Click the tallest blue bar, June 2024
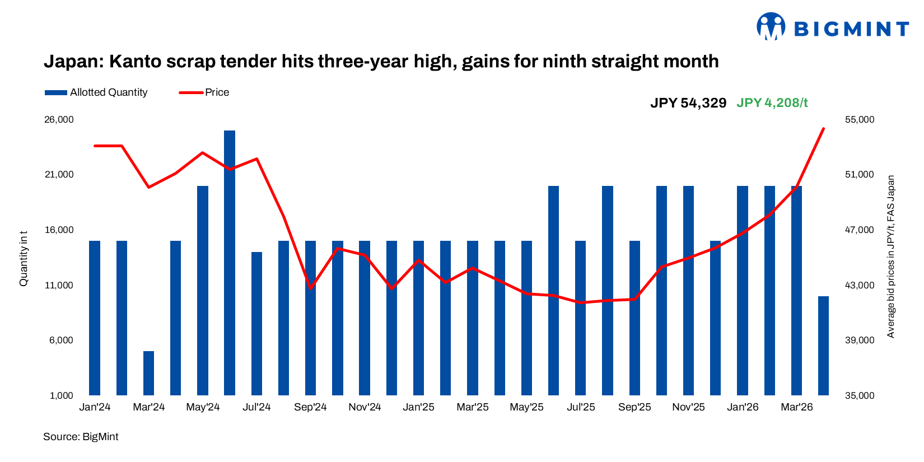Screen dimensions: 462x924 [230, 263]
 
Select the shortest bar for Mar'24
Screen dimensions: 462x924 [148, 373]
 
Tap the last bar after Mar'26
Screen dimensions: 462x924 [823, 346]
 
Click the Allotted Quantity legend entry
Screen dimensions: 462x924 [96, 92]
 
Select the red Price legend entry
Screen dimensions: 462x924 [204, 92]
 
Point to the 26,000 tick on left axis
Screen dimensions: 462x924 [59, 120]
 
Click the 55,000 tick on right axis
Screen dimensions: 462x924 [859, 120]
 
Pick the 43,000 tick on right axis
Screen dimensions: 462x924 [859, 286]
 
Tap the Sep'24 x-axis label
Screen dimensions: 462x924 [310, 407]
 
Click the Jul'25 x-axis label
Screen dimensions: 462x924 [581, 407]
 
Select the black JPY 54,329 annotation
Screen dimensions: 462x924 [688, 103]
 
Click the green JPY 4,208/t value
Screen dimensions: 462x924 [772, 103]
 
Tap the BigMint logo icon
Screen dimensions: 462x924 [771, 26]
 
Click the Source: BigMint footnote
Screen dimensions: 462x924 [81, 437]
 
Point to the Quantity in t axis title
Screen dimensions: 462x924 [24, 258]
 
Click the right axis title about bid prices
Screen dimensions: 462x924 [891, 257]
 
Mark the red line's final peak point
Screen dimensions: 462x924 [823, 129]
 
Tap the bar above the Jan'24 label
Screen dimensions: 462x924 [95, 318]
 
